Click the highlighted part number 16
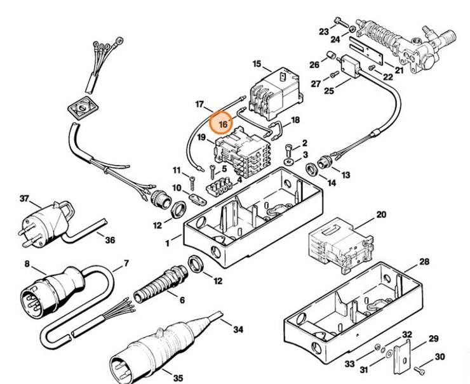(223, 123)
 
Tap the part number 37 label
(24, 199)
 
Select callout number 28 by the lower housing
(424, 262)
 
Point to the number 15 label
(257, 63)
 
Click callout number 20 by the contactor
(380, 215)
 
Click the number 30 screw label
(440, 356)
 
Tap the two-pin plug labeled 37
(45, 220)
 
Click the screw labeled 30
(420, 367)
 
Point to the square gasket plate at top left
(82, 109)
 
